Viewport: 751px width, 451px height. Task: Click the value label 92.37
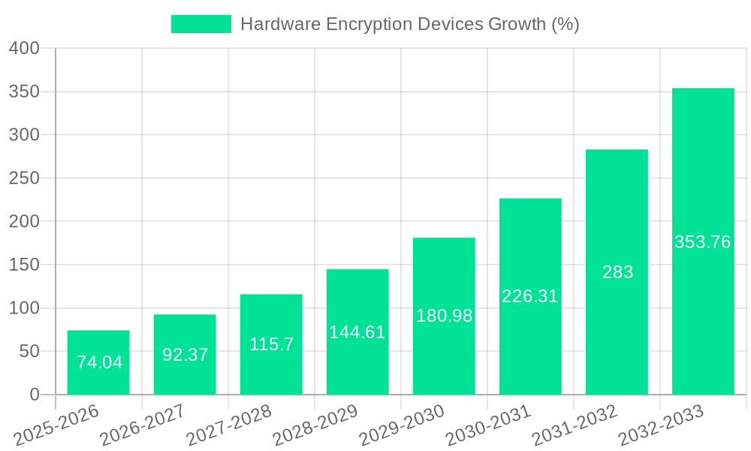(185, 355)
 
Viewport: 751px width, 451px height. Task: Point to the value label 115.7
(271, 344)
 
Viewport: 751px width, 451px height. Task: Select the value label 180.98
(444, 316)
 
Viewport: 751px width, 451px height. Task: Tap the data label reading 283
(617, 272)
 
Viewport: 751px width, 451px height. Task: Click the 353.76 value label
(703, 242)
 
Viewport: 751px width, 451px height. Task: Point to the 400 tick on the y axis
(24, 48)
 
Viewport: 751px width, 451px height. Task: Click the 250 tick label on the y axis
(24, 178)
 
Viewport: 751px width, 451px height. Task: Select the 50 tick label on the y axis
(29, 351)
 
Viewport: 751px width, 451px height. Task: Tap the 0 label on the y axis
(35, 395)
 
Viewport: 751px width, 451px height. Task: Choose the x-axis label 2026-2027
(143, 424)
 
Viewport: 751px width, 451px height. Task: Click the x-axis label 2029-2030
(402, 424)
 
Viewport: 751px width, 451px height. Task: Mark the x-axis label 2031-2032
(575, 424)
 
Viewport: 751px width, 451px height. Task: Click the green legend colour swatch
(201, 24)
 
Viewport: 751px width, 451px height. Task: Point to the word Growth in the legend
(517, 24)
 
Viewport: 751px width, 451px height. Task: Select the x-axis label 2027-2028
(229, 424)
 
